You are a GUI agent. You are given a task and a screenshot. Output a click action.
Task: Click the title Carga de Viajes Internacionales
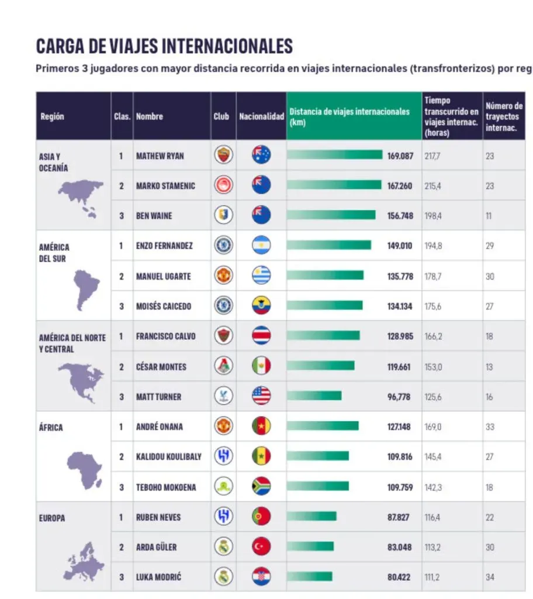coord(164,45)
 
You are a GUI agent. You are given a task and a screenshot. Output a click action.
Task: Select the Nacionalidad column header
coord(261,116)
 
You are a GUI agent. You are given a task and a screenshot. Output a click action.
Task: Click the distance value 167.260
coord(400,186)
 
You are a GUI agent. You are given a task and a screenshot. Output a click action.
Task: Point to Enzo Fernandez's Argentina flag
coord(261,246)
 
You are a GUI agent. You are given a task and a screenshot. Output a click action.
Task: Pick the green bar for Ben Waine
coord(331,215)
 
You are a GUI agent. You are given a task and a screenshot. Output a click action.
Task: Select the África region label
coord(51,428)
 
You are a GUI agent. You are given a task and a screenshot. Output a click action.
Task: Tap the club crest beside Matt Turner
coord(223,397)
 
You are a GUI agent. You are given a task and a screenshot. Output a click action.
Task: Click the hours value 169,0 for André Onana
coord(433,427)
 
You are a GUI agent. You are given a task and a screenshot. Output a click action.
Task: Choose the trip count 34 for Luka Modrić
coord(490,577)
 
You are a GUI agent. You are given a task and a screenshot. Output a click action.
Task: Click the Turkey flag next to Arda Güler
coord(261,547)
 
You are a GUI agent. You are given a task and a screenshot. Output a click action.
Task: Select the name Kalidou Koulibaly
coord(168,457)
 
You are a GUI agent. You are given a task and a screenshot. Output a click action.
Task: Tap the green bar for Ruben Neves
coord(312,517)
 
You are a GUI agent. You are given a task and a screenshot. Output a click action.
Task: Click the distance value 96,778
coord(400,397)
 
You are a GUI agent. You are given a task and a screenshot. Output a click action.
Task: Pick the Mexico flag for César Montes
coord(261,367)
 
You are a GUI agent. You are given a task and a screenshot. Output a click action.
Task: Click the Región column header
coord(53,116)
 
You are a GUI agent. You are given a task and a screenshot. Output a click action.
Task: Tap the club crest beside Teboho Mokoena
coord(223,487)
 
